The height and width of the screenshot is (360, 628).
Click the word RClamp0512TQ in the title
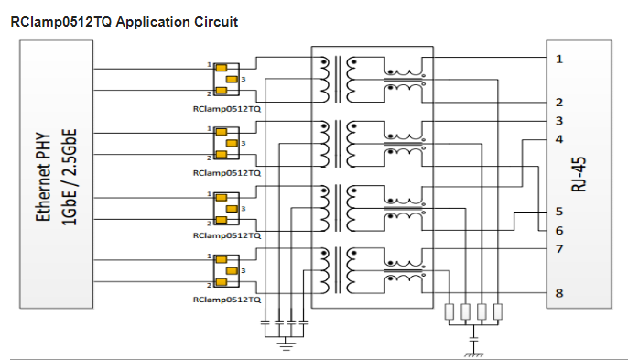click(61, 22)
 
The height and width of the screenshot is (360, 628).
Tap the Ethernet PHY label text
click(44, 177)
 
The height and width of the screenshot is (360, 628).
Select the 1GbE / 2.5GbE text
click(69, 177)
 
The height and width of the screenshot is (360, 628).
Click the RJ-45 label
click(579, 174)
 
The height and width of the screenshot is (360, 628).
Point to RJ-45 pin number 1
click(559, 60)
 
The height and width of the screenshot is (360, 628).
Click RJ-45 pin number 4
click(559, 139)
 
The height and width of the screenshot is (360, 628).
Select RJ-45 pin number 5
click(559, 212)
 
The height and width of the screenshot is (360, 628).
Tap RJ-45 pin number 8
click(559, 293)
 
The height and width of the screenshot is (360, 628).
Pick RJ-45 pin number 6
click(559, 231)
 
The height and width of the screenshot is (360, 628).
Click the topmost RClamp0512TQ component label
click(227, 109)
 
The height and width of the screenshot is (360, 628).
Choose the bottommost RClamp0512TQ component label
click(227, 300)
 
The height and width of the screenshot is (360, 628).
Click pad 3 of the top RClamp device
click(232, 80)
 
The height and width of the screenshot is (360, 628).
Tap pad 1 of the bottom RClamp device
click(222, 260)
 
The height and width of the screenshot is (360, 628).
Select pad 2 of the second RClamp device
click(222, 154)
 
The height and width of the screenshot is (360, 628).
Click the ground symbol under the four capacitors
click(286, 345)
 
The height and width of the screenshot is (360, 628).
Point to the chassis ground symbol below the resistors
click(474, 355)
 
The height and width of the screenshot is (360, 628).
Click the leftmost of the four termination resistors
click(449, 311)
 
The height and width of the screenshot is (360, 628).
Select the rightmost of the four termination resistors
click(498, 311)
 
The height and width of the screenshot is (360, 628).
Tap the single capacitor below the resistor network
click(474, 340)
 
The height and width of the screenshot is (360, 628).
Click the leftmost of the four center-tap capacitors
click(265, 322)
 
